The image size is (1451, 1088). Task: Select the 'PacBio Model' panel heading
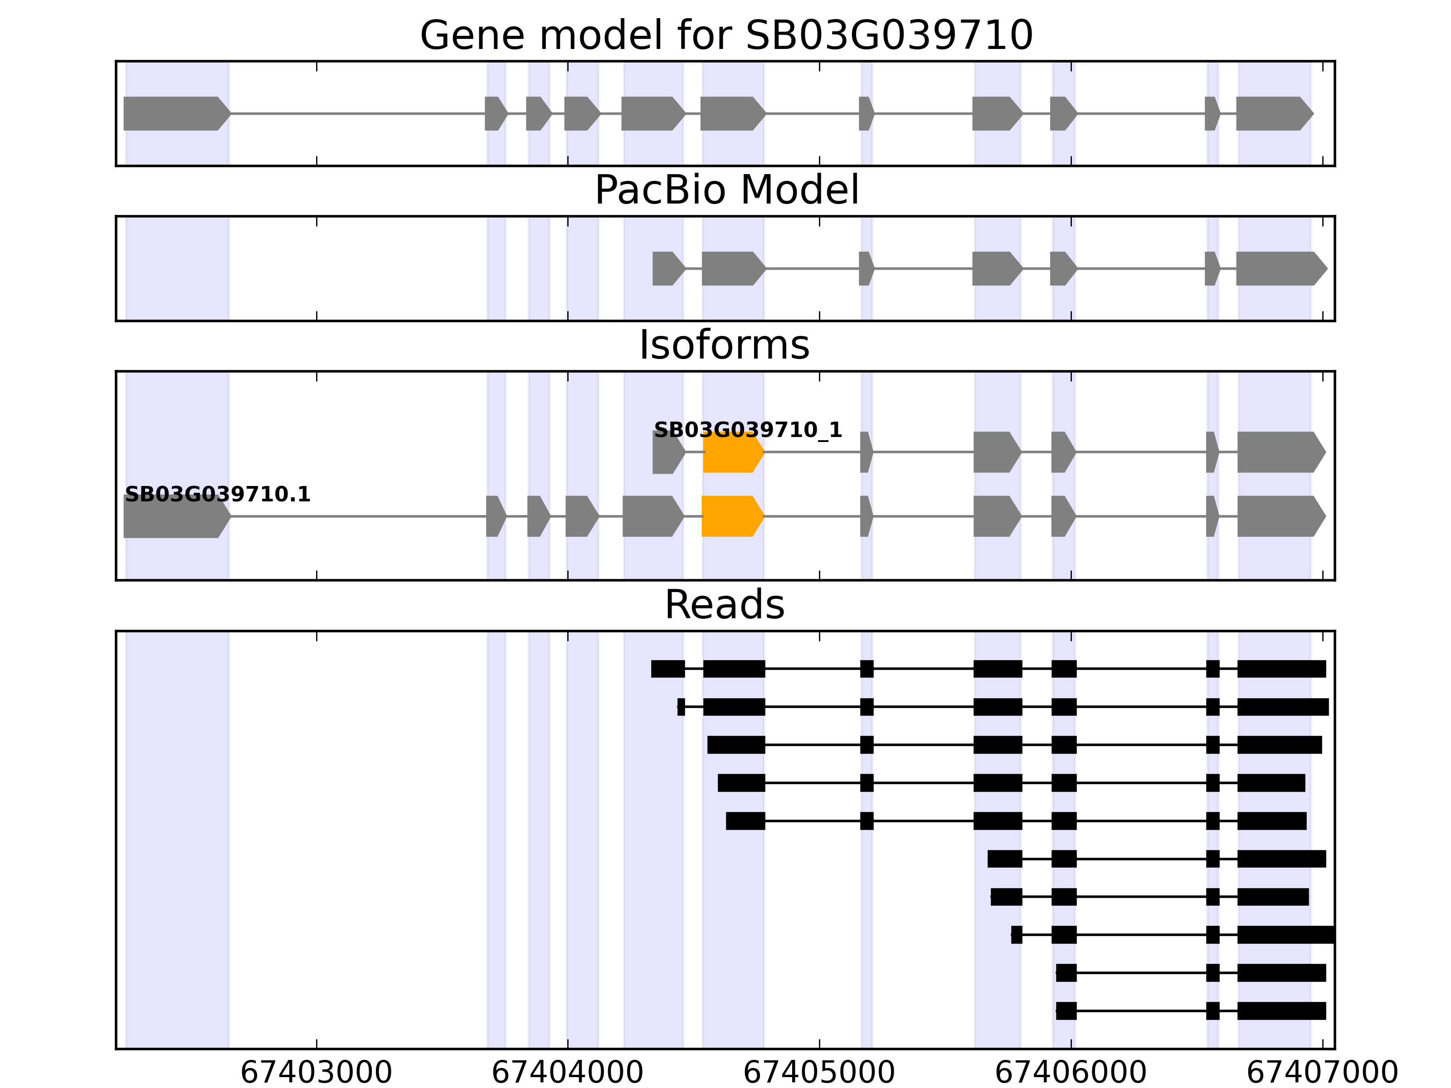pyautogui.click(x=726, y=191)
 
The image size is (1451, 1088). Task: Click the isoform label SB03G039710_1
pyautogui.click(x=748, y=430)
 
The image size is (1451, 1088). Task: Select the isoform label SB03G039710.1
pyautogui.click(x=217, y=495)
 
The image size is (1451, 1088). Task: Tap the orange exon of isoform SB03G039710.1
pyautogui.click(x=732, y=516)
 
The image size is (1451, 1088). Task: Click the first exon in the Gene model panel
pyautogui.click(x=176, y=113)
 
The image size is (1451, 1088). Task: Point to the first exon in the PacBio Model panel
pyautogui.click(x=667, y=268)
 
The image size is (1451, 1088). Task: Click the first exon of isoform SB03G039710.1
pyautogui.click(x=176, y=516)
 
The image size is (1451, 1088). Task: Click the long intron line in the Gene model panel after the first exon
pyautogui.click(x=357, y=113)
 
